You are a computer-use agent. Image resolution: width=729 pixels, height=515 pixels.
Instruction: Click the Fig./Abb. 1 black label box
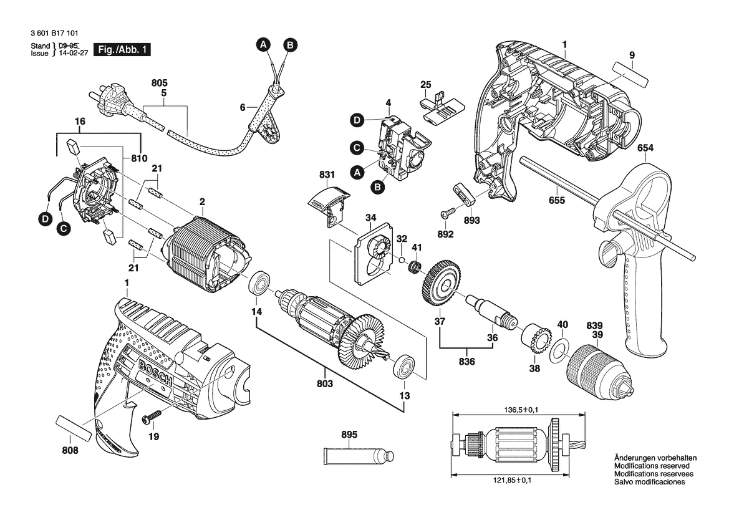pos(121,49)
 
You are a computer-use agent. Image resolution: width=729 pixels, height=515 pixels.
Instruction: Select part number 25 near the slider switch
pos(425,84)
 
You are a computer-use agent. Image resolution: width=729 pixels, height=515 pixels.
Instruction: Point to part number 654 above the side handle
pos(645,148)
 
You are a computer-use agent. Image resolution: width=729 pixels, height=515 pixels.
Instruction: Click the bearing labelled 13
pos(403,365)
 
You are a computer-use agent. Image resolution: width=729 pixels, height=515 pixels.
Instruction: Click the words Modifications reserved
pos(652,466)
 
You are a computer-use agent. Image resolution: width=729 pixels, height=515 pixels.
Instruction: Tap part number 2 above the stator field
pos(202,201)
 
